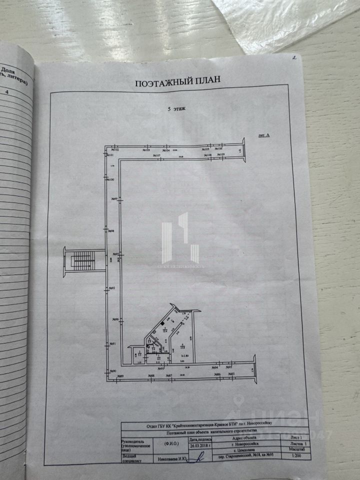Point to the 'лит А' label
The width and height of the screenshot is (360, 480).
coord(263,135)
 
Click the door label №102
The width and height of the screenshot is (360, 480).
coord(115,149)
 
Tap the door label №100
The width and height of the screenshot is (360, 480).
coord(111,179)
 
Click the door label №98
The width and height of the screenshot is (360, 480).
coord(111,231)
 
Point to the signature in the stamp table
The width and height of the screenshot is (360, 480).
coord(200,456)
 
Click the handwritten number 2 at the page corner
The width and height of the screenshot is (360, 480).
coord(295,58)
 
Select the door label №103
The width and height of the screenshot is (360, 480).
coord(146,149)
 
